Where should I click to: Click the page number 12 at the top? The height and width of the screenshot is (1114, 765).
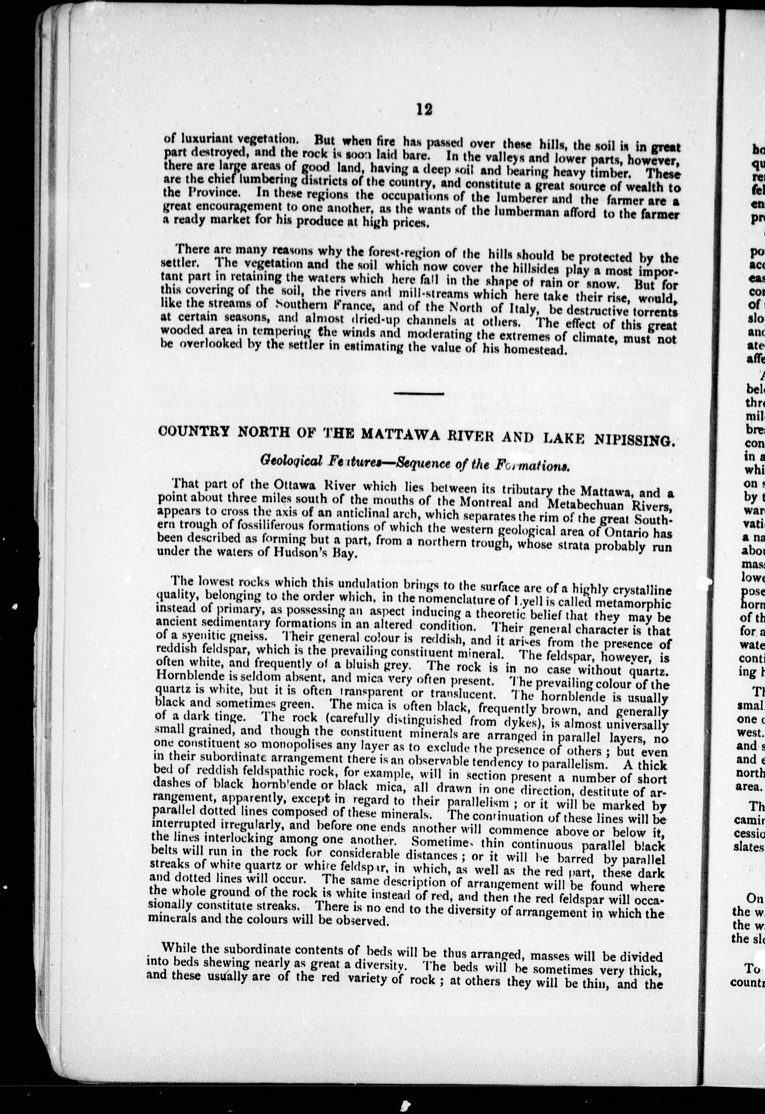point(424,110)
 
